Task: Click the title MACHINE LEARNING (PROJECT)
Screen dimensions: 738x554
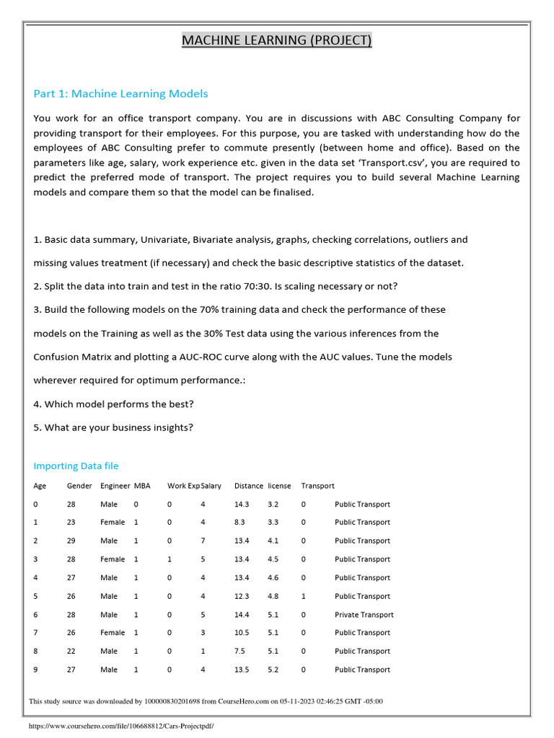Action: pos(276,40)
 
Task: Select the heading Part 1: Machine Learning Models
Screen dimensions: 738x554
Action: pos(120,94)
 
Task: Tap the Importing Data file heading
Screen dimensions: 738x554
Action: pos(76,466)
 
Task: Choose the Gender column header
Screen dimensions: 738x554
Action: pos(79,486)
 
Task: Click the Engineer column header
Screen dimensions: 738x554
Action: pos(115,486)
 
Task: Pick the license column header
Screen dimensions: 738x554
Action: pos(279,486)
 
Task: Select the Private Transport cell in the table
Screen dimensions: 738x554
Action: pos(364,615)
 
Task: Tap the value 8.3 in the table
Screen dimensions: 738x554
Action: pos(239,522)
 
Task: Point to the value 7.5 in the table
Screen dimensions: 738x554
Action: pos(239,651)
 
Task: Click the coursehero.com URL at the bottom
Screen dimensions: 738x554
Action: pos(120,726)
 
